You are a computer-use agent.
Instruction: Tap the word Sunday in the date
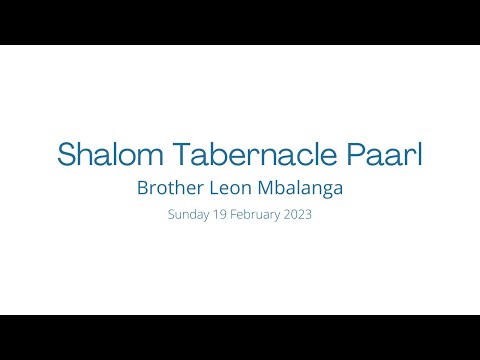pos(190,215)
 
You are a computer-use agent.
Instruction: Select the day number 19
pos(220,215)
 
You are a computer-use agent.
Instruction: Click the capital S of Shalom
pos(67,155)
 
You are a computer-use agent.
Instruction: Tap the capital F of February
pos(236,215)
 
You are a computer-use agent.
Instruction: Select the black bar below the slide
pos(240,337)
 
